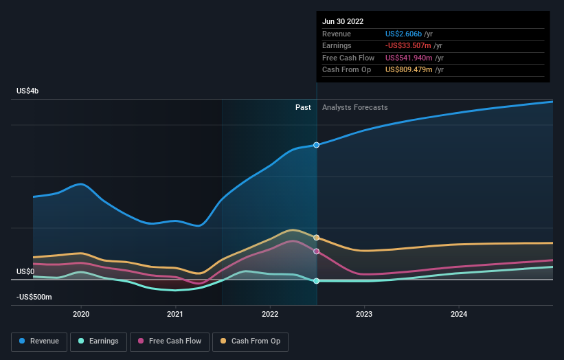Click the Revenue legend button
pos(39,341)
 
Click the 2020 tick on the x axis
pos(81,314)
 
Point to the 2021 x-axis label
pos(175,314)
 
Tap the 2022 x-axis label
pos(270,314)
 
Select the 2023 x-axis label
pos(364,314)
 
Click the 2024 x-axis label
pos(459,314)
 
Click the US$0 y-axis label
pos(25,272)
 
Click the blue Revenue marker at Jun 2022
pos(317,145)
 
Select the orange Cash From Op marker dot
pos(317,238)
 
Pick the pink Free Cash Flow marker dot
pos(317,251)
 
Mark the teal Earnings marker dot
pos(317,281)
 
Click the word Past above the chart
pos(303,107)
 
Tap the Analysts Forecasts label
pos(354,107)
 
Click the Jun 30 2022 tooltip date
pos(344,21)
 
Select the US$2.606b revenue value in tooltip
pos(404,34)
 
